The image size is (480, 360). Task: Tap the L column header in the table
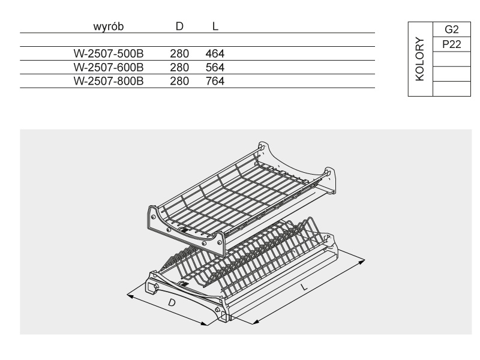(215, 28)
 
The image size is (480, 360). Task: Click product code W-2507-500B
(108, 53)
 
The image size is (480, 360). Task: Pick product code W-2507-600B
(108, 67)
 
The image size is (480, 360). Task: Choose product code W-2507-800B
(108, 80)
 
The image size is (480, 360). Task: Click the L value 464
(215, 53)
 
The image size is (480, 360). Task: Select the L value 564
(215, 67)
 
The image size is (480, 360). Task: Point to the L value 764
(215, 80)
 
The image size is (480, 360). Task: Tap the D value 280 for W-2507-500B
(180, 53)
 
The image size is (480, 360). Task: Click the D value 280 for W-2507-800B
(180, 80)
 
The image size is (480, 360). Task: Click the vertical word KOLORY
(420, 60)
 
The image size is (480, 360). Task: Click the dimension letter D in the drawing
(172, 303)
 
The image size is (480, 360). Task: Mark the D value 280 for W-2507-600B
(180, 67)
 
